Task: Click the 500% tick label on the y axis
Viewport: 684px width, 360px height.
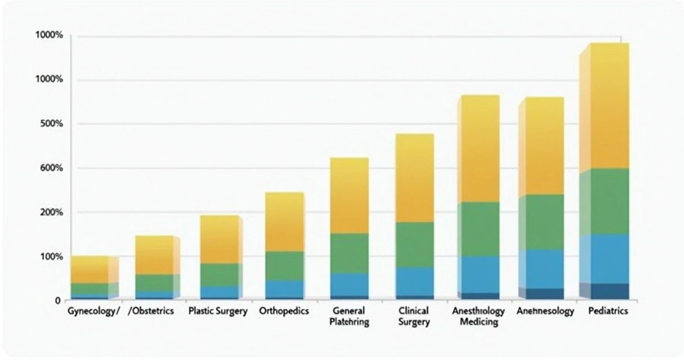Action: click(x=47, y=124)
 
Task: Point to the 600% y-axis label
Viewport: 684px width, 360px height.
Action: click(x=47, y=168)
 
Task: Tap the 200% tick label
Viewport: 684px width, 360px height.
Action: click(x=47, y=212)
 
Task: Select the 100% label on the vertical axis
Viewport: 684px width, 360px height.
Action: click(x=47, y=256)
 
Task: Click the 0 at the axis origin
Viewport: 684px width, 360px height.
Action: click(x=57, y=301)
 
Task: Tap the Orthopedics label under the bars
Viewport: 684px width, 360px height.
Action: click(x=284, y=311)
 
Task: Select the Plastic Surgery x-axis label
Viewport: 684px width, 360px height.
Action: click(x=218, y=311)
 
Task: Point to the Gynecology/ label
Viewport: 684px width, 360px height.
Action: click(x=93, y=311)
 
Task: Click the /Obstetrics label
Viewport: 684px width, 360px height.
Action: click(x=154, y=311)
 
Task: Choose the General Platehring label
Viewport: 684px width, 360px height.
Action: click(x=349, y=317)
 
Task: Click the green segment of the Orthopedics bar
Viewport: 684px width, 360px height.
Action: click(x=285, y=265)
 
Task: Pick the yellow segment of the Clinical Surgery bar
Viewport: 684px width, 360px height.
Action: click(x=415, y=178)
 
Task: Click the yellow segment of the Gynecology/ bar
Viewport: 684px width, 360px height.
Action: click(x=89, y=269)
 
